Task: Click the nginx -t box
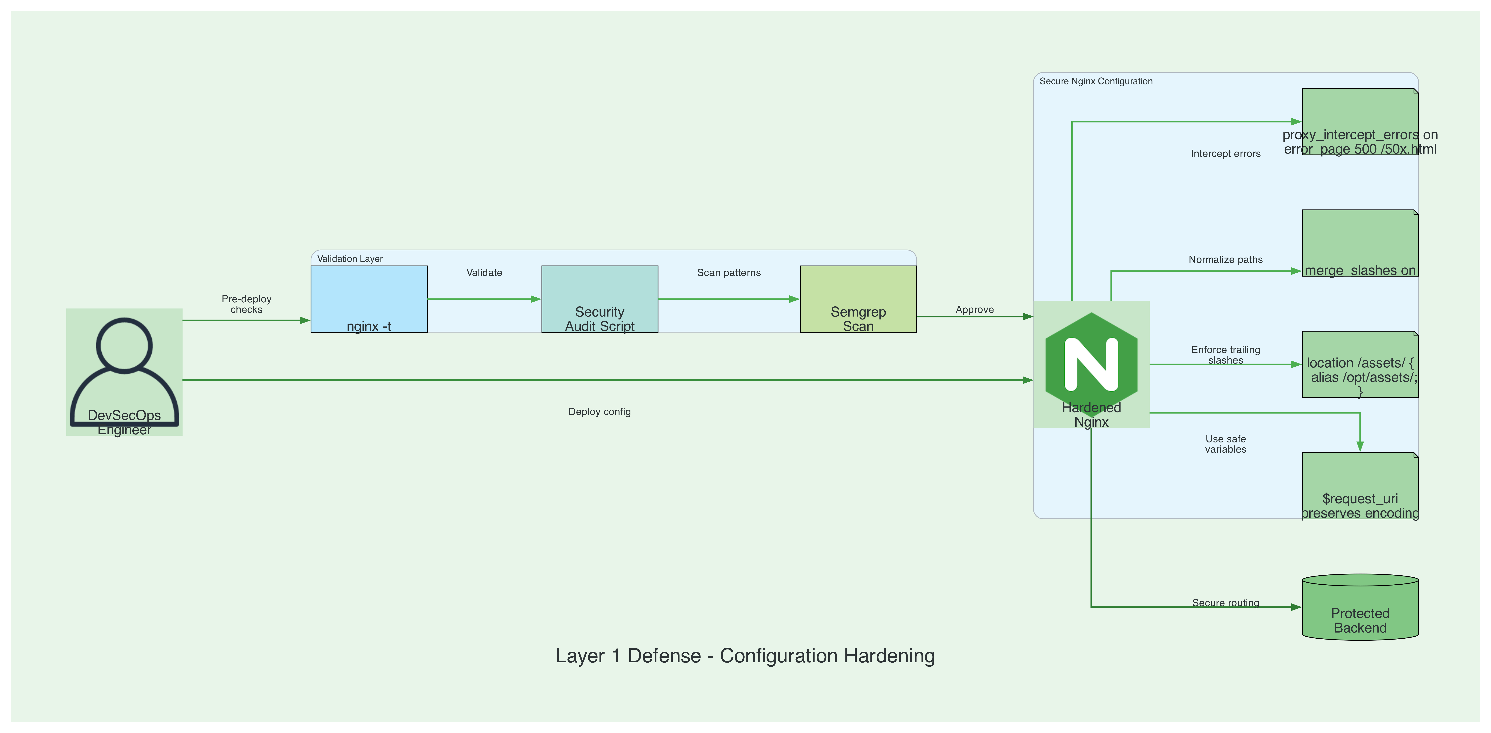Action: coord(369,299)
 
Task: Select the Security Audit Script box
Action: coord(600,299)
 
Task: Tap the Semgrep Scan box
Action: coord(858,299)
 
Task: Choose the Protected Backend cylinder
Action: coord(1360,607)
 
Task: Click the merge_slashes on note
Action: coord(1360,243)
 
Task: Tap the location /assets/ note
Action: coord(1360,364)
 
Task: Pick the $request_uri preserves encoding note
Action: coord(1360,486)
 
